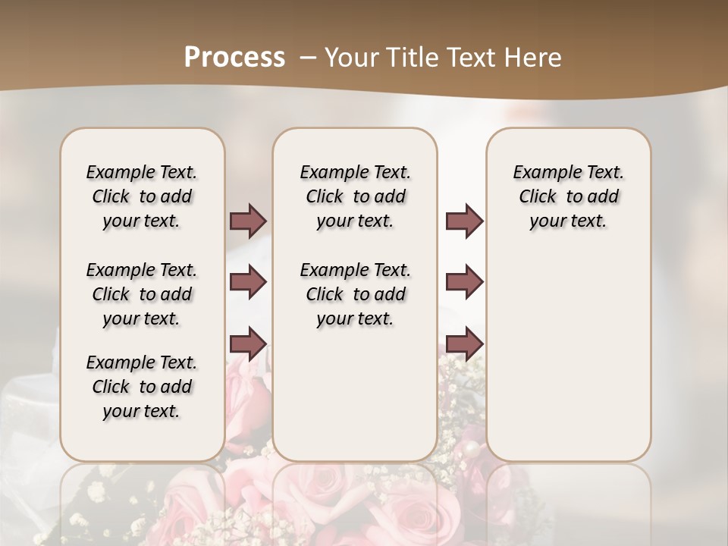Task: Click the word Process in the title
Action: [234, 58]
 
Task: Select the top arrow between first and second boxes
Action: [248, 221]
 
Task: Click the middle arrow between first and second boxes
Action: [248, 282]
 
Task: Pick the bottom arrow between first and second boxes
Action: [248, 344]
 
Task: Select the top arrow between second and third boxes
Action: [464, 221]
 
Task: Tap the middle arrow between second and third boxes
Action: [464, 282]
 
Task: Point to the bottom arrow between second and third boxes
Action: [464, 344]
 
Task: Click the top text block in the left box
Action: [142, 196]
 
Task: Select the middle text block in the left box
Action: [142, 294]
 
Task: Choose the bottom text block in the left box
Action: [142, 387]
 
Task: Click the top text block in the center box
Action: [355, 196]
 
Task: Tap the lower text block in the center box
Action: [355, 294]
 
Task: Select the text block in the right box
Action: [568, 196]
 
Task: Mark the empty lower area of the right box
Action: [568, 349]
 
